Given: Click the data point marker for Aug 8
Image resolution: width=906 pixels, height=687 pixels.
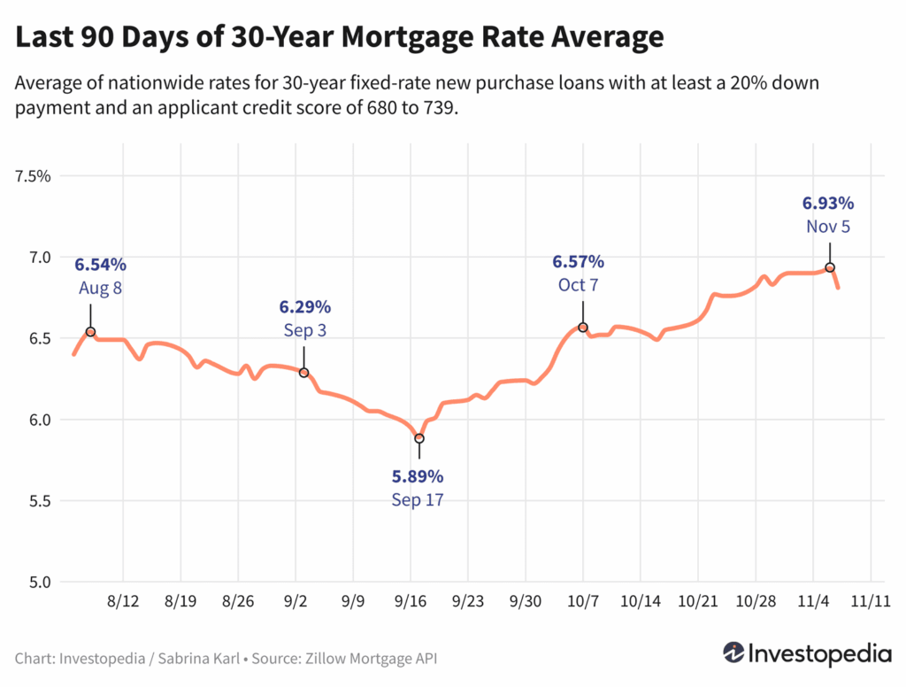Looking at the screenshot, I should click(90, 332).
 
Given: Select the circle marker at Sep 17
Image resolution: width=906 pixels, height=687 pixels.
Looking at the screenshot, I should click(419, 438).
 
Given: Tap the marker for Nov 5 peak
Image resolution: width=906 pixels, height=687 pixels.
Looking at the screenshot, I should click(830, 267).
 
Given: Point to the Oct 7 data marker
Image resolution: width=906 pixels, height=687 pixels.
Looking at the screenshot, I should click(583, 328).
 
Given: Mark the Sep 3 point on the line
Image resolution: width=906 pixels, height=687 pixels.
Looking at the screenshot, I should click(303, 373).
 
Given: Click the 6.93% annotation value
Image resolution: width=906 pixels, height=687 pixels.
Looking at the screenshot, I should click(828, 203).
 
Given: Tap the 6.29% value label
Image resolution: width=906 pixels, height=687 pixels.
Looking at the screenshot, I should click(305, 307).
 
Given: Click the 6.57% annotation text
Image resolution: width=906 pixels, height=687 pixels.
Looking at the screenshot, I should click(579, 261).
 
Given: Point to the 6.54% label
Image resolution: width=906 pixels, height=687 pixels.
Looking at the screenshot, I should click(100, 265).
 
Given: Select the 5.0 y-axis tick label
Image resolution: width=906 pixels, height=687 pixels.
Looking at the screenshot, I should click(40, 583).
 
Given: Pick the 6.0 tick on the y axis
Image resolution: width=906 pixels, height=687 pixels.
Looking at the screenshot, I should click(40, 420).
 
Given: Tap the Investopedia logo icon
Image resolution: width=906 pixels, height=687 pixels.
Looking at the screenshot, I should click(733, 653).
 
